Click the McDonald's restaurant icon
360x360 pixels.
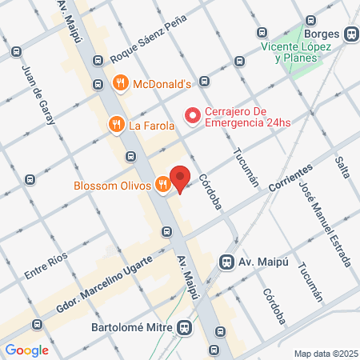coord(120,82)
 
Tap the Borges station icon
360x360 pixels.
coord(350,34)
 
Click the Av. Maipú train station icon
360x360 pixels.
coord(227,262)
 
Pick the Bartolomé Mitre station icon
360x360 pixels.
coord(185,327)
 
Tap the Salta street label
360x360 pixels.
coord(343,167)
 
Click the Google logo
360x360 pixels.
coord(26,350)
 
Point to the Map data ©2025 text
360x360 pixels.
coord(325,354)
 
